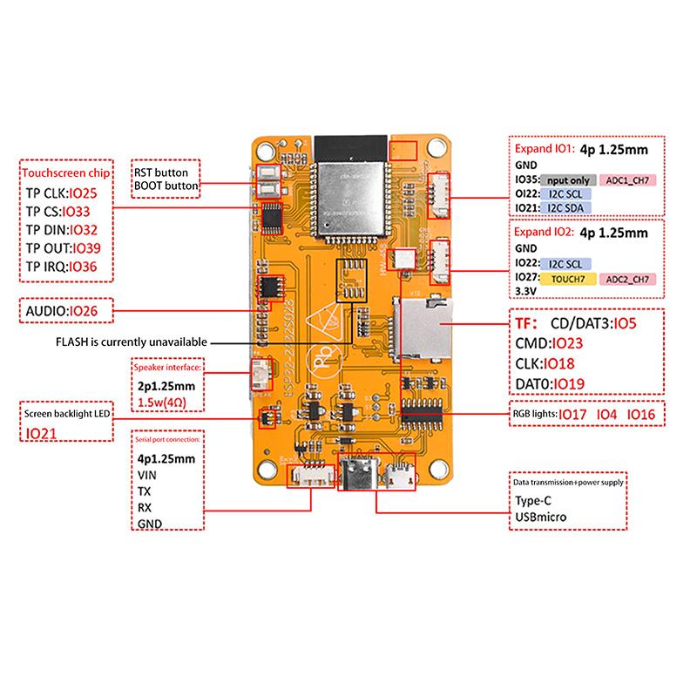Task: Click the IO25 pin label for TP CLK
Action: click(89, 192)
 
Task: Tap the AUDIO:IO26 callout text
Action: click(61, 310)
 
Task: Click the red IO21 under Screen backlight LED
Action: click(39, 433)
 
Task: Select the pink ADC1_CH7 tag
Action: click(627, 179)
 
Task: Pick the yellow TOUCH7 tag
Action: click(567, 278)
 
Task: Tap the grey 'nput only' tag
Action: click(566, 179)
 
